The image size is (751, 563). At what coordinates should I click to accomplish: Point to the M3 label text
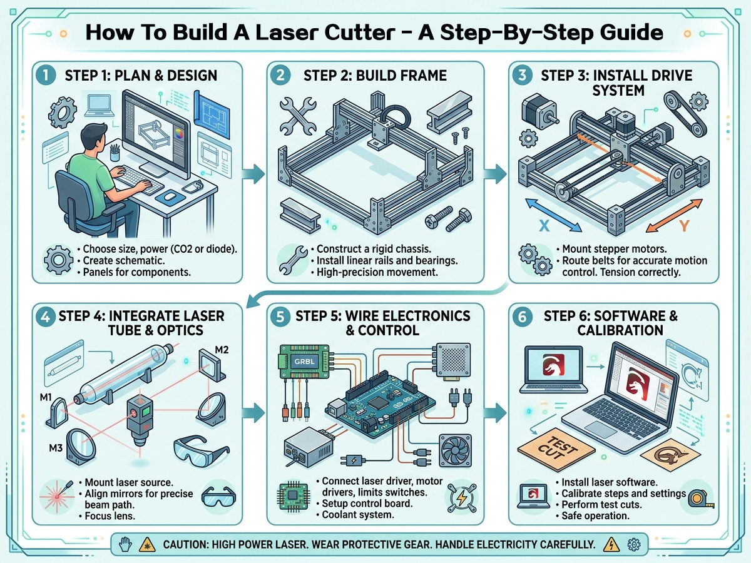click(56, 448)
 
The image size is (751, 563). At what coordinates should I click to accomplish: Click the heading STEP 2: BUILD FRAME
click(375, 76)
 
